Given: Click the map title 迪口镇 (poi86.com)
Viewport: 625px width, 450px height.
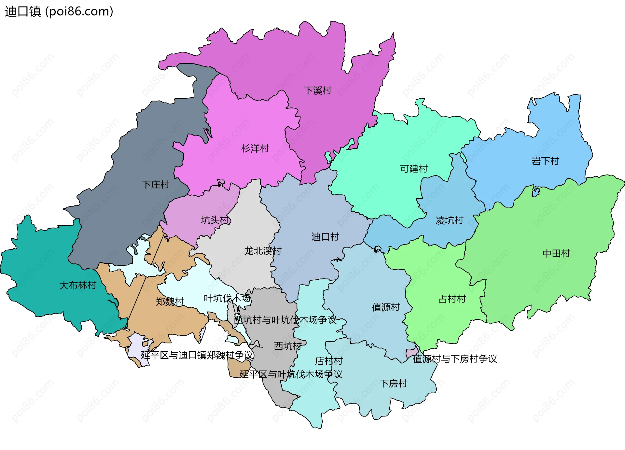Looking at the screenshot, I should click(x=59, y=11).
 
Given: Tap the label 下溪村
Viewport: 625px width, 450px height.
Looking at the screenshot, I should click(x=317, y=91).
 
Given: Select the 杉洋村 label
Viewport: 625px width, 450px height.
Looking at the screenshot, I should click(x=255, y=148).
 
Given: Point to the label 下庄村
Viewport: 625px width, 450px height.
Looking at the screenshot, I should click(x=156, y=185).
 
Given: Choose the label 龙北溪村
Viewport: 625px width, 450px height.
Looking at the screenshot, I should click(x=263, y=251).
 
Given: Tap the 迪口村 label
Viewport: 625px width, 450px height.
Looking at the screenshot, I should click(x=325, y=237).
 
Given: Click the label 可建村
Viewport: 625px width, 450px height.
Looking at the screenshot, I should click(x=414, y=169).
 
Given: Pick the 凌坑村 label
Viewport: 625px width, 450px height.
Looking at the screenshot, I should click(x=449, y=220).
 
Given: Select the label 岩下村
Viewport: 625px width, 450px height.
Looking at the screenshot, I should click(x=545, y=161).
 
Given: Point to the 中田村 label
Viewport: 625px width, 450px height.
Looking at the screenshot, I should click(x=556, y=253).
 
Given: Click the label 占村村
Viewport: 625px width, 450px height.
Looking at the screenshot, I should click(x=452, y=299).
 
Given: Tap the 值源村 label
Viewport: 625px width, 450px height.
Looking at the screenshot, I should click(x=386, y=307).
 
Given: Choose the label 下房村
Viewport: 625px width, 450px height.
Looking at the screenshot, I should click(x=393, y=383).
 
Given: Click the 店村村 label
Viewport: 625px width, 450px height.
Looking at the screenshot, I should click(x=329, y=361).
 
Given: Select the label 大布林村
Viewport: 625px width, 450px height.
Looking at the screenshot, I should click(x=78, y=285).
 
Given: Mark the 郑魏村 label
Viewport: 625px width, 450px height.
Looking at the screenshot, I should click(x=170, y=302).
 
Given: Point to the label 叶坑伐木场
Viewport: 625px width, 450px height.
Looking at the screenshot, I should click(x=227, y=298).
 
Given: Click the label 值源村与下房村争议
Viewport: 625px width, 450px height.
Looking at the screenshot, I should click(x=455, y=359).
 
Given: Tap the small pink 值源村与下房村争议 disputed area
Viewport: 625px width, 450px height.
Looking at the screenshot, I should click(x=412, y=353).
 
